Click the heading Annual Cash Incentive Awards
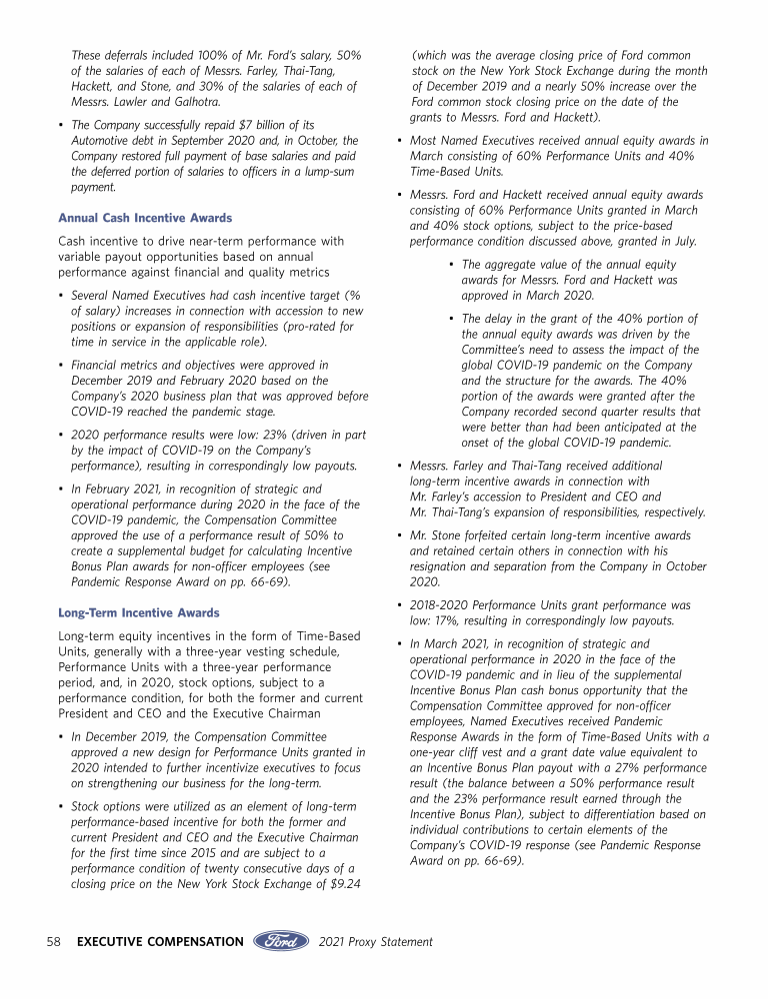click(x=145, y=218)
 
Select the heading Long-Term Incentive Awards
click(x=139, y=612)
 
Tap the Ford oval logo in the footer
click(x=281, y=941)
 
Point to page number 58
click(x=56, y=941)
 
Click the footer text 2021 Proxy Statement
click(x=375, y=941)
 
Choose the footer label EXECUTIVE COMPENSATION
click(x=160, y=941)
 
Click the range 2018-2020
click(x=441, y=605)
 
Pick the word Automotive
click(x=106, y=141)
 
